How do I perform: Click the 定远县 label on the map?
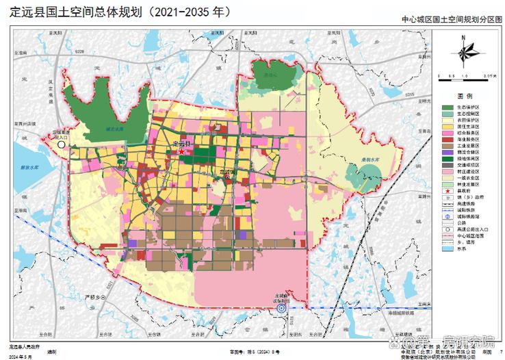pos(183,144)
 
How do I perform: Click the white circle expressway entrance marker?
pos(61,145)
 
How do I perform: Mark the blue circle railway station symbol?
pos(281,309)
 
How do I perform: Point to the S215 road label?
pos(409,94)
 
